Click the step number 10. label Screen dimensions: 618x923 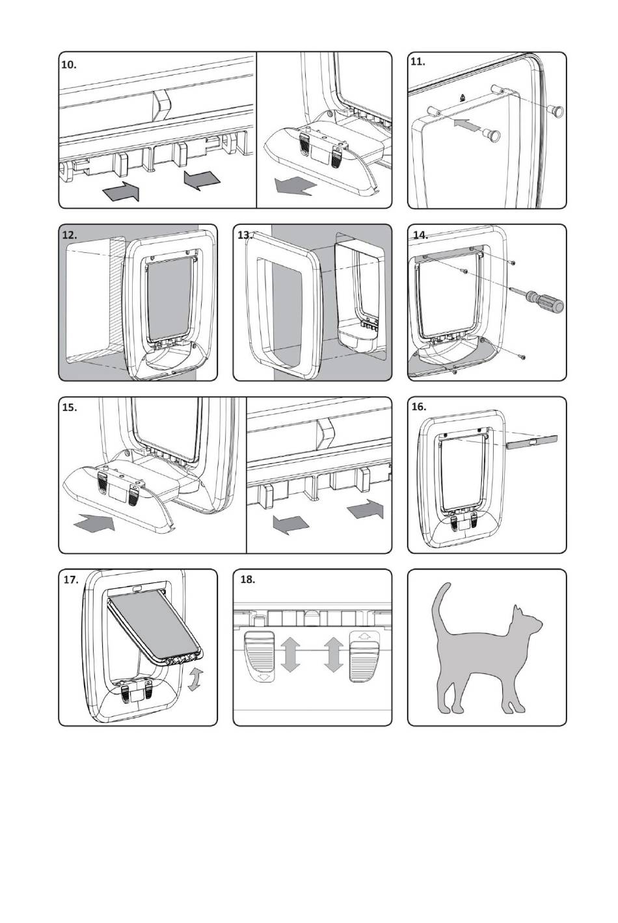coord(69,65)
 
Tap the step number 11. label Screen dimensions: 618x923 coord(418,62)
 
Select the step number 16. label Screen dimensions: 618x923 coord(419,407)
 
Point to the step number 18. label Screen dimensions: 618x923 coord(247,579)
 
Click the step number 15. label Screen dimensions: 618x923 coord(69,407)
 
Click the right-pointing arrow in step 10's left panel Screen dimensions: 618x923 coord(121,191)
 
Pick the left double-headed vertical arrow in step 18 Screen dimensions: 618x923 coord(290,655)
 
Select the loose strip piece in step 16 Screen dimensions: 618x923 coord(532,442)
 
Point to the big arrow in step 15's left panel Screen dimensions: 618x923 coord(94,523)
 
